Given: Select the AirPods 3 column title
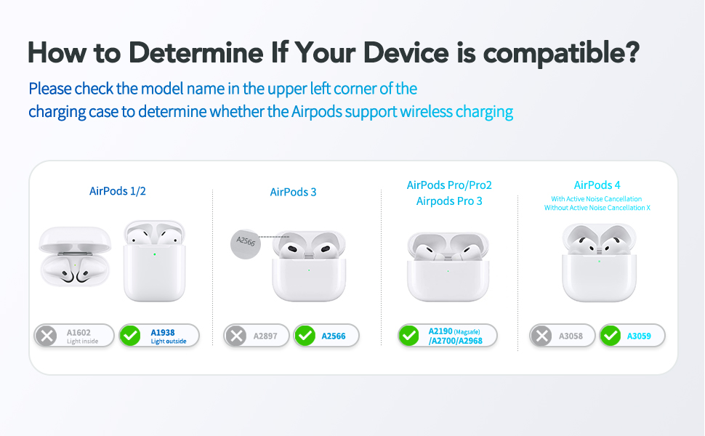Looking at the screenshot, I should click(293, 192).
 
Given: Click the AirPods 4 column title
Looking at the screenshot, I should click(597, 185).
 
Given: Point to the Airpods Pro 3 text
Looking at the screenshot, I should click(449, 201).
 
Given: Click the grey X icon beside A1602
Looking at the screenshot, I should click(47, 336).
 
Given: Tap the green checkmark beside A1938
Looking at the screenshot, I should click(131, 336).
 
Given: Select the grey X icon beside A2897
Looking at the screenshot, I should click(235, 336).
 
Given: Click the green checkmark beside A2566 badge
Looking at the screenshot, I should click(305, 336).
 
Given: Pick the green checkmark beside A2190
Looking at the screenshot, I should click(409, 336).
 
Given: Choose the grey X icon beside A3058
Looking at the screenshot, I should click(540, 336).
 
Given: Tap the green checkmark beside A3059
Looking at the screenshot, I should click(611, 336).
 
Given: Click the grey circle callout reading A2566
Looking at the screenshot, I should click(246, 243).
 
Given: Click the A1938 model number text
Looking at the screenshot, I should click(162, 331).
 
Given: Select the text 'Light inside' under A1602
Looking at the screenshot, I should click(82, 341).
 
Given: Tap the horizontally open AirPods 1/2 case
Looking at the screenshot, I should click(76, 258).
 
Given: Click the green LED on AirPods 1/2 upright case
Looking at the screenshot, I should click(154, 254).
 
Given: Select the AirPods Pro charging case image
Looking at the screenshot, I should click(448, 267).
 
